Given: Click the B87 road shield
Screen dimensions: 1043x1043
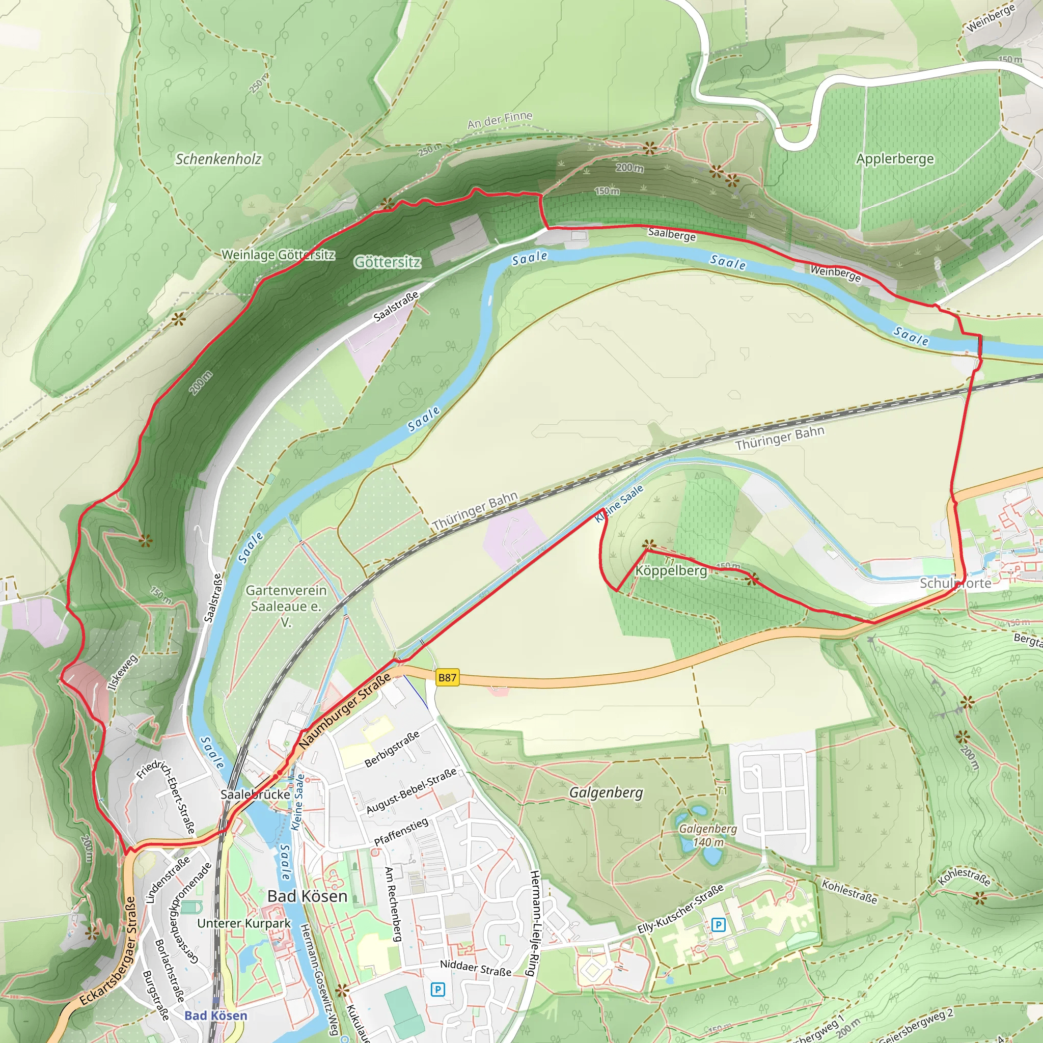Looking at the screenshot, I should point(447,677).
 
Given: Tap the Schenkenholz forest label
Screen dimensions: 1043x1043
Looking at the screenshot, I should point(218,159).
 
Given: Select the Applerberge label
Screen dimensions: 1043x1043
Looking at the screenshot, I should point(894,159).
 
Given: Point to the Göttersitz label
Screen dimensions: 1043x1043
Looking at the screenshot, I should point(387,262).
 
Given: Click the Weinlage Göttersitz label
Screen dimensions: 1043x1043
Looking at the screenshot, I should point(278,254).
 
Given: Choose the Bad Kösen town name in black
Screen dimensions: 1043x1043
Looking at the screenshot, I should point(307,896).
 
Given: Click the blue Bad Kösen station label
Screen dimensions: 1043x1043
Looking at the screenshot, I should point(215,1015).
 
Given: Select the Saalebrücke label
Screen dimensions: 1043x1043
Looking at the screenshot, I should point(255,794).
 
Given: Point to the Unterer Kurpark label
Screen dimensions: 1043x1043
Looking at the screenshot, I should point(243,923).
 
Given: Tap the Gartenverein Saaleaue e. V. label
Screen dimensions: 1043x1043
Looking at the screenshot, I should point(286,606).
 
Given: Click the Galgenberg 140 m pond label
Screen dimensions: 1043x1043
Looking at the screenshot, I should point(708,835).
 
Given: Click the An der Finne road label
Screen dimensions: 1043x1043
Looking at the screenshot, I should point(500,120).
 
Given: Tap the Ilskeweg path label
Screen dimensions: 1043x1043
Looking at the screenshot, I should point(123,672).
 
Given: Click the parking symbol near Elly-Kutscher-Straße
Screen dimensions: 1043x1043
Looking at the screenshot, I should point(718,925).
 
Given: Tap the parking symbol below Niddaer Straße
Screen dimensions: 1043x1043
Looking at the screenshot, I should point(437,990).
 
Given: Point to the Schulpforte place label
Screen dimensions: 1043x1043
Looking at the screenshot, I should point(955,583).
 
